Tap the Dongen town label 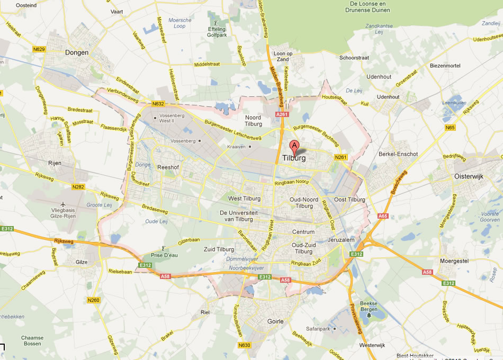point(77,52)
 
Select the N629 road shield point(39,49)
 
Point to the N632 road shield point(157,104)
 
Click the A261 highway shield point(282,114)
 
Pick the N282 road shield point(78,186)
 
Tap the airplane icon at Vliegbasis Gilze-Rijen point(64,204)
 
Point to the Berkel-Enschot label point(398,154)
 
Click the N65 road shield point(450,128)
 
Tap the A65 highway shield point(383,216)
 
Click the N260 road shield point(93,301)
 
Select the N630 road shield point(244,346)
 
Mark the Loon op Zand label point(283,57)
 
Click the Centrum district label point(303,232)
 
